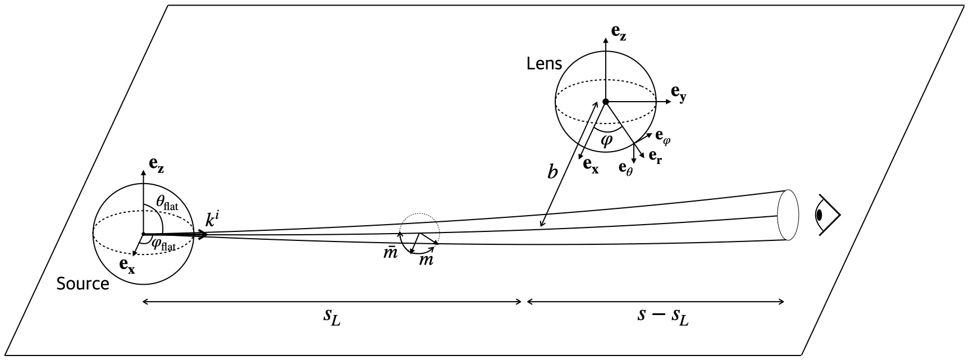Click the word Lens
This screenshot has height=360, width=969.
point(543,63)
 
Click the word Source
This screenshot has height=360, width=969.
point(83,284)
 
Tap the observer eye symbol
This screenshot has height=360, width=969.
point(827,215)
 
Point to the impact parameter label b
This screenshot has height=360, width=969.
point(552,172)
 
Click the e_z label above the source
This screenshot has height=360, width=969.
point(157,164)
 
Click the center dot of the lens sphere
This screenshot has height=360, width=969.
point(605,102)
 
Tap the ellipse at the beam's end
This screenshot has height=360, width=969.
point(788,215)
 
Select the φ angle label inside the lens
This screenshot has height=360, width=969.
point(606,139)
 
